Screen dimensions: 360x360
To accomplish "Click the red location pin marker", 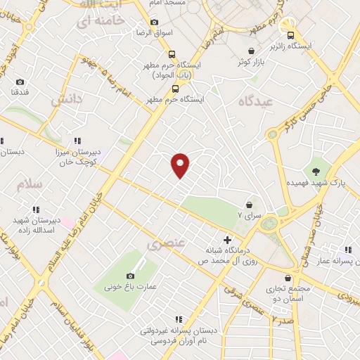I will coord(181,165).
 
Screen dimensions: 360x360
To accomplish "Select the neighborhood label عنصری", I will coord(165,244).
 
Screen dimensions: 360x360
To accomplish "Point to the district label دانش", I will coord(66,99).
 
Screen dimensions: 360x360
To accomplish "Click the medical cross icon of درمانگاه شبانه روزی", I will coord(226,240).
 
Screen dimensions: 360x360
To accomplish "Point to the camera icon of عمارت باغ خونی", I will coord(130,276).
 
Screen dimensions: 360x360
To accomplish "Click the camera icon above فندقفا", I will coord(18,81).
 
